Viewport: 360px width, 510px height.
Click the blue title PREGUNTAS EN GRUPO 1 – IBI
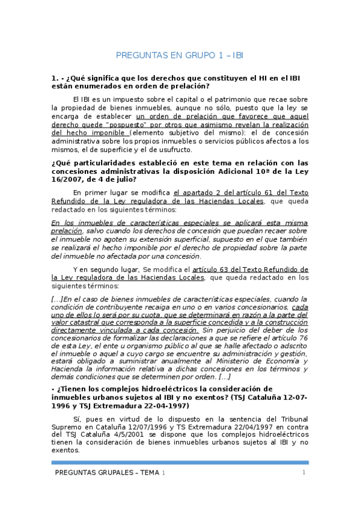coord(180,56)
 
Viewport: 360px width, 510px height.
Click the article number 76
coord(302,339)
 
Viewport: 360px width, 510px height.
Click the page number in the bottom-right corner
coord(304,473)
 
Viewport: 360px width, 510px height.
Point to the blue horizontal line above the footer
coord(180,462)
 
